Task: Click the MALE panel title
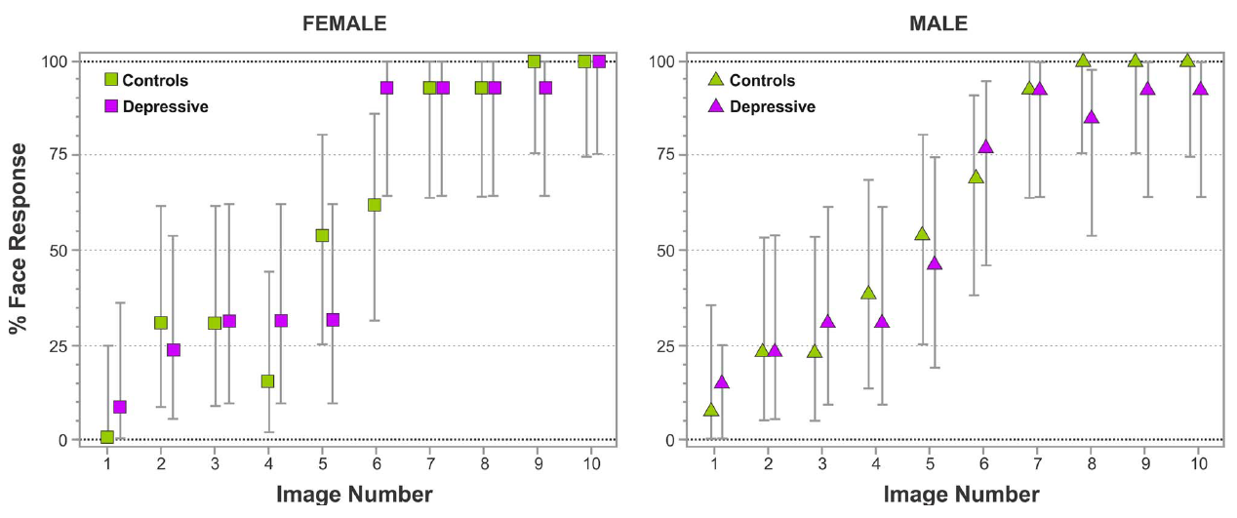point(940,23)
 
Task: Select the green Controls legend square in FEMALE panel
point(111,80)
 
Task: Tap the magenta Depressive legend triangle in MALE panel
point(717,106)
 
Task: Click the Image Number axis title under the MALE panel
point(961,495)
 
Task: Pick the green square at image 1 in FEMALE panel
point(107,437)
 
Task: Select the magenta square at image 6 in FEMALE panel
point(386,88)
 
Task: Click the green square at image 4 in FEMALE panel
point(267,380)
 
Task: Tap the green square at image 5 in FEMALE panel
point(322,235)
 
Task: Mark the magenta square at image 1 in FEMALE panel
point(120,407)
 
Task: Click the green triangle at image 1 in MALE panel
point(711,410)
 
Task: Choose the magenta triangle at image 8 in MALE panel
point(1091,117)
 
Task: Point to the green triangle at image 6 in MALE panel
point(976,177)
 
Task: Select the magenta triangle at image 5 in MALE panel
point(934,263)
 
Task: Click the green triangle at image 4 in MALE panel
point(868,293)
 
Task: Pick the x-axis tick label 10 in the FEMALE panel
point(591,463)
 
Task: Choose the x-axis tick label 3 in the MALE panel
point(822,463)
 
